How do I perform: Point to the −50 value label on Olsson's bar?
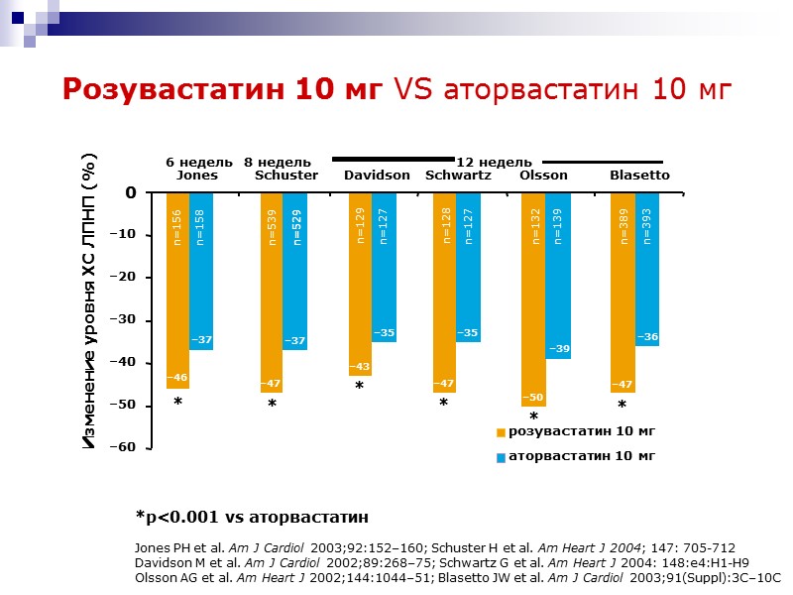pyautogui.click(x=533, y=399)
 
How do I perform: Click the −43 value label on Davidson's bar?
pyautogui.click(x=359, y=368)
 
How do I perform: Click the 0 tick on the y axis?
pyautogui.click(x=130, y=193)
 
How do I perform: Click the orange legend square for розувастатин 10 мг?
pyautogui.click(x=501, y=432)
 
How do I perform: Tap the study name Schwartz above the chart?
pyautogui.click(x=458, y=176)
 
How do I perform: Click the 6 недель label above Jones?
pyautogui.click(x=198, y=162)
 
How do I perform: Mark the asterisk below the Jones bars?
pyautogui.click(x=177, y=403)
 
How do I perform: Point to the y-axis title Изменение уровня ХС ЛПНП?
pyautogui.click(x=90, y=302)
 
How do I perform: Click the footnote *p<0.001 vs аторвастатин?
pyautogui.click(x=252, y=517)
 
